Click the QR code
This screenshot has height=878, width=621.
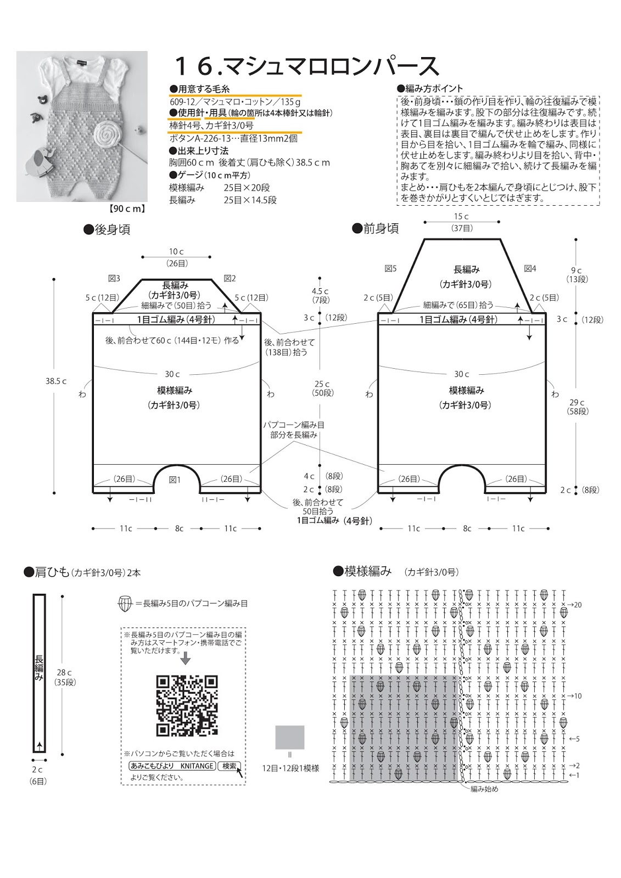point(187,705)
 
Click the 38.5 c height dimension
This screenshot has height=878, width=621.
point(56,381)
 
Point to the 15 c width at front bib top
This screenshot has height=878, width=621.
point(461,217)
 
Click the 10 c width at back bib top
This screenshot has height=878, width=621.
point(176,251)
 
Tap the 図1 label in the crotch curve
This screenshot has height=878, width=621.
point(175,480)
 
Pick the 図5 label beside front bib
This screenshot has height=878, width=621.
point(390,268)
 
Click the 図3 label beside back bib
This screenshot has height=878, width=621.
point(114,278)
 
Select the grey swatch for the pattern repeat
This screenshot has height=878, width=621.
point(290,737)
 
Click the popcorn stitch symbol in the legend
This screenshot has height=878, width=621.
point(125,604)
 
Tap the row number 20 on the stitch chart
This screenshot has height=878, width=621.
point(578,605)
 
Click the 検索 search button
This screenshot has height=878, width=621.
point(230,766)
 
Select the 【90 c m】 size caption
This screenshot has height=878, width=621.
point(126,209)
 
